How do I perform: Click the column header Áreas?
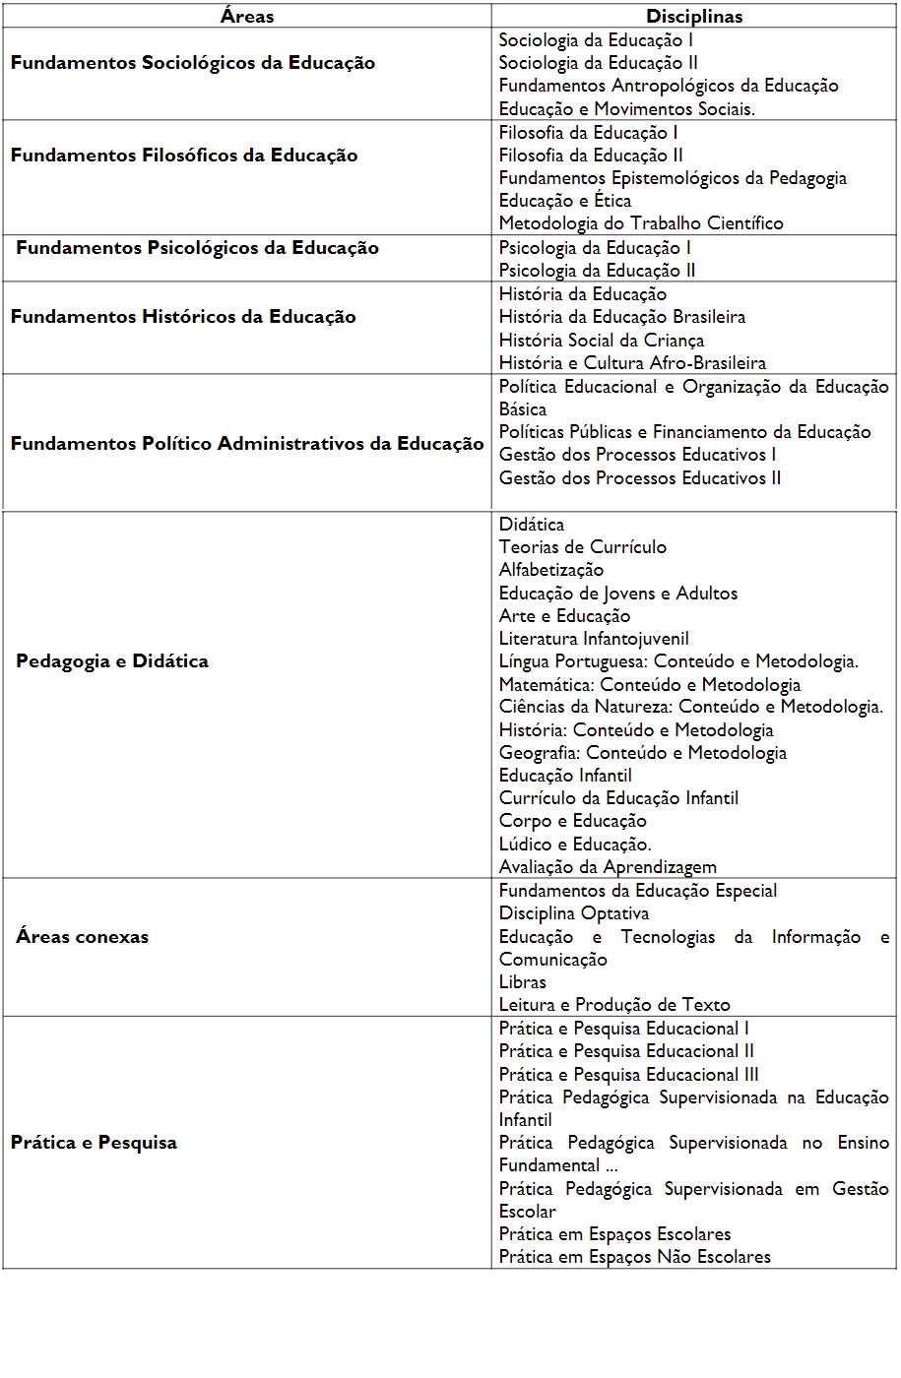[247, 16]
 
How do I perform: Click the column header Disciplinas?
[694, 16]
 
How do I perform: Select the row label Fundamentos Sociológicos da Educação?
[193, 63]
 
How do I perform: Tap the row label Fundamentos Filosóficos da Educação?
[184, 156]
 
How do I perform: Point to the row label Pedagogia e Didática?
[112, 661]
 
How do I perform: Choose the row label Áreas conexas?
[83, 937]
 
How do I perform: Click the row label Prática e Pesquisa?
[95, 1143]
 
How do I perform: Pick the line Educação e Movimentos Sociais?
[627, 109]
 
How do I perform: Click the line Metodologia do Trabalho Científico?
[641, 223]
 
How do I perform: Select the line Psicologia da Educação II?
[597, 271]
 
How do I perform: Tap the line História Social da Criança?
[602, 341]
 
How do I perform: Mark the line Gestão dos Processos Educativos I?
[637, 455]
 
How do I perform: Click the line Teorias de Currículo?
[583, 547]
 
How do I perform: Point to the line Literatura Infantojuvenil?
[594, 639]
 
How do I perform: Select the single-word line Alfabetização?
[551, 570]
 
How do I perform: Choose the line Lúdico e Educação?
[575, 845]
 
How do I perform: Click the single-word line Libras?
[523, 982]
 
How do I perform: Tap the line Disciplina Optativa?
[574, 913]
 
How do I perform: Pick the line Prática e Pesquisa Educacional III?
[629, 1075]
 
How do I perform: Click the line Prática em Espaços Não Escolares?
[635, 1257]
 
